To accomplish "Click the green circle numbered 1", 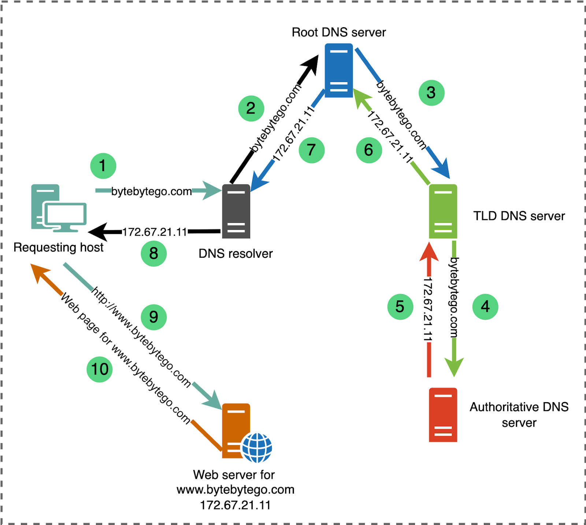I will click(103, 166).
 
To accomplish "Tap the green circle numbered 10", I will click(100, 369).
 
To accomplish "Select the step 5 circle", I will click(400, 306).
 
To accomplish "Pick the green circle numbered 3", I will click(431, 93).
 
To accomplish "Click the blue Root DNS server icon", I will click(339, 70).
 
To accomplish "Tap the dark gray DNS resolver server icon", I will click(236, 211).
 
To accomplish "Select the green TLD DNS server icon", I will click(443, 211).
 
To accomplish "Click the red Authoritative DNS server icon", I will click(443, 415).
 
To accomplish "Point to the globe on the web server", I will click(257, 448).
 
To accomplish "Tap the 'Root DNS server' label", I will click(339, 32).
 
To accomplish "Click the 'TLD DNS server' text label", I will click(519, 216).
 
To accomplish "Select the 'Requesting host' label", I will click(59, 247).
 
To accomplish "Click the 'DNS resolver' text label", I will click(235, 254).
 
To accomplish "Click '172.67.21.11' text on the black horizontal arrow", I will click(155, 232).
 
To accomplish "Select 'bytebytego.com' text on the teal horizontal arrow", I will click(151, 191).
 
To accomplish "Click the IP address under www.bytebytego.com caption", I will click(235, 505).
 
